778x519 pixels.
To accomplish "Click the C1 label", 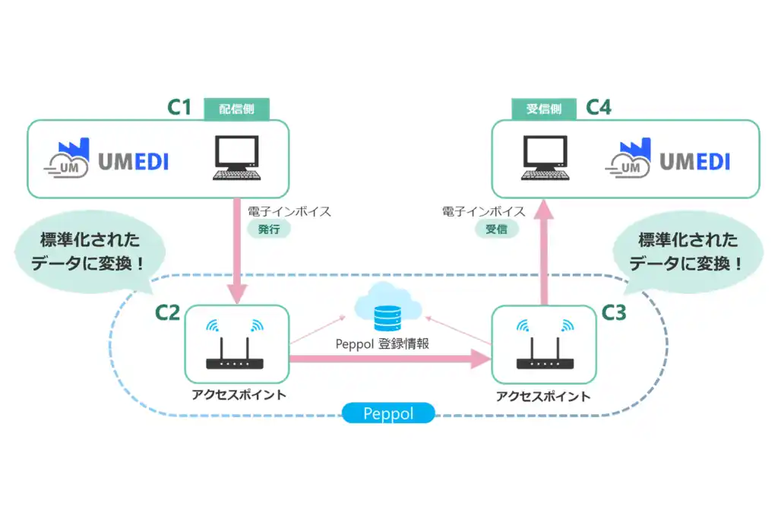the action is [179, 107].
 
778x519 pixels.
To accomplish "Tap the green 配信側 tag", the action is [237, 109].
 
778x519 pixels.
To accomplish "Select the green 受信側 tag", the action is [544, 109].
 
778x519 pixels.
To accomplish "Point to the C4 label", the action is [599, 107].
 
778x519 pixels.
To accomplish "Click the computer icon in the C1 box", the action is [237, 158].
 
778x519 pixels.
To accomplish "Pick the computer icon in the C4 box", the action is [546, 158].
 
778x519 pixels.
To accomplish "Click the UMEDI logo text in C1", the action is [134, 162].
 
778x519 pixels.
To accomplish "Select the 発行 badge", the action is [269, 229].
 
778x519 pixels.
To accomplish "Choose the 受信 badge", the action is [496, 229].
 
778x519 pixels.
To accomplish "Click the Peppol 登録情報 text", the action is [382, 344].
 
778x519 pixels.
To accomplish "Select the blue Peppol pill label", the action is [388, 413].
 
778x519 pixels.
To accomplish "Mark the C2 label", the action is [167, 312].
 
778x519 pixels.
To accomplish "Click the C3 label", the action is [614, 312].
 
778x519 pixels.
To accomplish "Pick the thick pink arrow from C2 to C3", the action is [390, 359].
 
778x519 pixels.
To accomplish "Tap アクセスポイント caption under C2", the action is [239, 395].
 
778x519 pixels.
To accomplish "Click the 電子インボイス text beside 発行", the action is [289, 212].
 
